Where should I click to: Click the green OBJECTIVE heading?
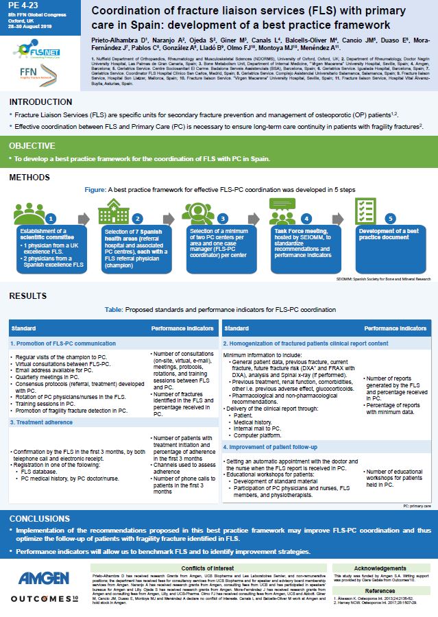coord(32,145)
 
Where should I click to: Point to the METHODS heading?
coord(29,178)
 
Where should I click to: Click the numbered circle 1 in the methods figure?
coord(50,218)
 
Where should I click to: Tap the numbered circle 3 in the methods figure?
coord(222,218)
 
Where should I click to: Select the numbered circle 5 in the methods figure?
coord(390,218)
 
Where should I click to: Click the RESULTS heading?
coord(28,296)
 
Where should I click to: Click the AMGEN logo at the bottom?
coord(41,577)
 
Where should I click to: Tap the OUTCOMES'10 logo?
coord(42,598)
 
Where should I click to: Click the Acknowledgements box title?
coord(380,568)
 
